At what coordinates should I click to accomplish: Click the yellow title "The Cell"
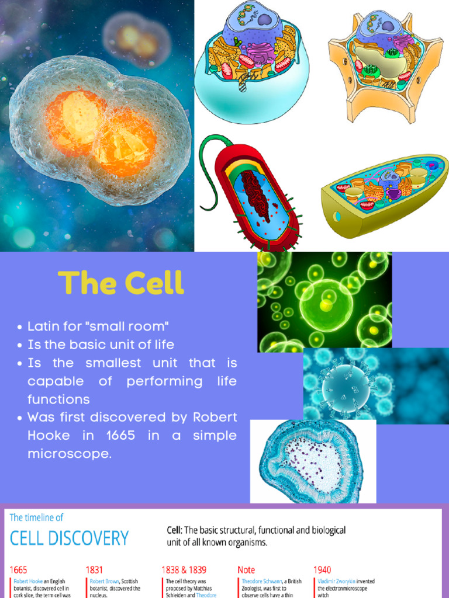[x=121, y=283]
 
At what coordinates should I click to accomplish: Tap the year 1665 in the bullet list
[x=120, y=436]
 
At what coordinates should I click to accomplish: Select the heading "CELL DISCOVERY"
[x=69, y=537]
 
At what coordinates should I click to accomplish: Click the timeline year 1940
[x=322, y=569]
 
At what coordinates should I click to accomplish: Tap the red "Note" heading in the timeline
[x=246, y=569]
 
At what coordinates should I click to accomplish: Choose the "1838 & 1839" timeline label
[x=184, y=569]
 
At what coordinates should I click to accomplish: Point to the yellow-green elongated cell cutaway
[x=383, y=196]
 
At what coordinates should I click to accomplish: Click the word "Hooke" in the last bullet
[x=49, y=436]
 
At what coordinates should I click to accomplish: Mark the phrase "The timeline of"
[x=36, y=517]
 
